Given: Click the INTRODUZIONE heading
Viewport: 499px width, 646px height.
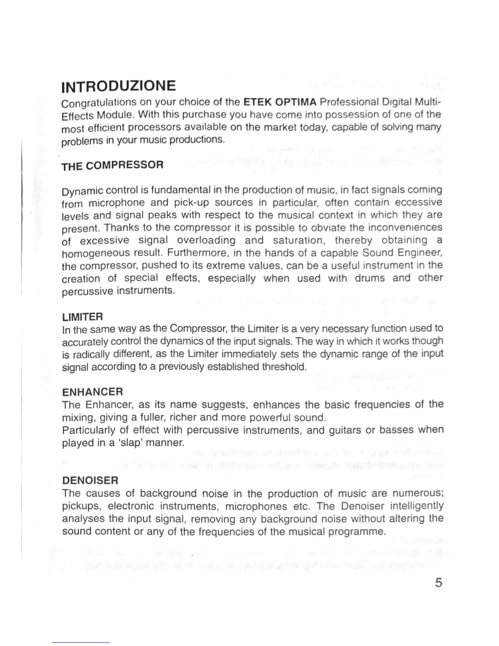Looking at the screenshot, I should [119, 86].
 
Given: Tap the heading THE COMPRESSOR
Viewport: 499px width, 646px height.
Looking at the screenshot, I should [113, 166].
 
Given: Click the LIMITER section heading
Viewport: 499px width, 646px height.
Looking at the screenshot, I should [82, 316].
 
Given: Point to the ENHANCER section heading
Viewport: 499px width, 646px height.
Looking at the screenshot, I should [93, 392].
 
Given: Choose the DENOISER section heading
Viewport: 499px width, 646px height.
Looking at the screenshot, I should [90, 480].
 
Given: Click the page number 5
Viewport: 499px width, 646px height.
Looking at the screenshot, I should [438, 582].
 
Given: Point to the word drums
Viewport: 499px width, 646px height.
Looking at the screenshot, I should [370, 278].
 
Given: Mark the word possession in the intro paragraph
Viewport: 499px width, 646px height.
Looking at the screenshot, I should [348, 114].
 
